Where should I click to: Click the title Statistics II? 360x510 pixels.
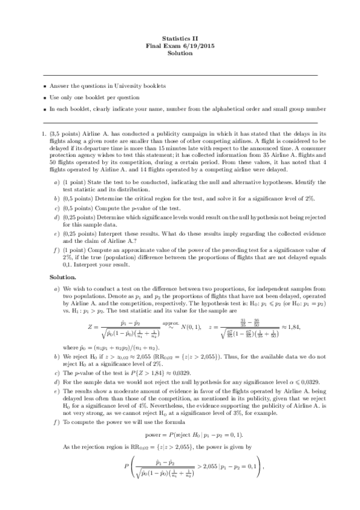tap(180, 38)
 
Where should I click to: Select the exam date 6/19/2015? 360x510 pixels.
tap(197, 46)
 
